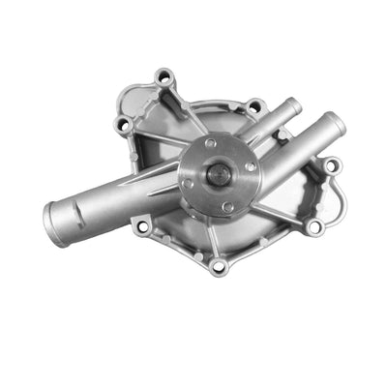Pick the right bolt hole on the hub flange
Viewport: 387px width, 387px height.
coord(251,167)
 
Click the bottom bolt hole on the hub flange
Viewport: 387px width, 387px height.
coord(227,206)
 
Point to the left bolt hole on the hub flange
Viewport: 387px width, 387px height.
coord(186,183)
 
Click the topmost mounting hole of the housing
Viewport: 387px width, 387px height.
coord(164,77)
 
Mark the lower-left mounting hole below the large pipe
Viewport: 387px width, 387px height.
coord(142,225)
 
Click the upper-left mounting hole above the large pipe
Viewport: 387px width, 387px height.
coord(123,125)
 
